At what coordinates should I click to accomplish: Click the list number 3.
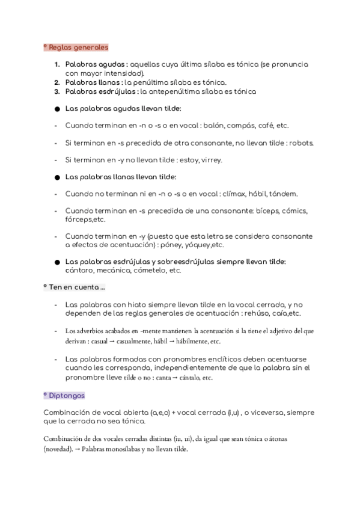[56, 91]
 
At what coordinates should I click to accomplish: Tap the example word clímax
[235, 194]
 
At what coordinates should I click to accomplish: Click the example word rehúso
[255, 313]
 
